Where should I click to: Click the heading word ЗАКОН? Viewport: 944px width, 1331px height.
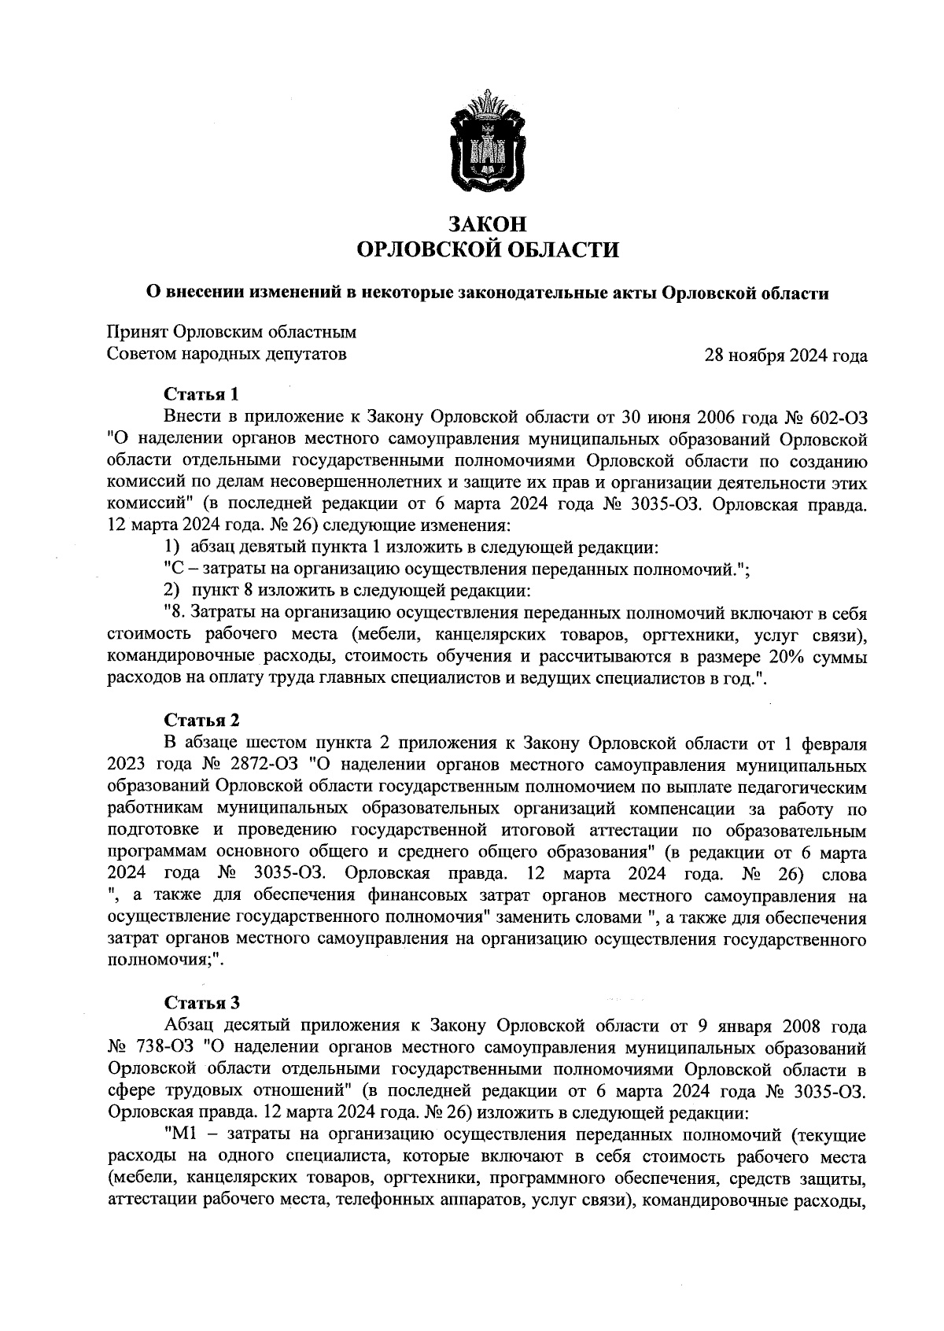(487, 224)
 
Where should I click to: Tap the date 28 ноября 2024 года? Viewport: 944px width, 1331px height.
(786, 356)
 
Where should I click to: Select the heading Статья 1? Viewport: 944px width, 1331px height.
(201, 393)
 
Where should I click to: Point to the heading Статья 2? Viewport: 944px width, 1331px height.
(201, 721)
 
